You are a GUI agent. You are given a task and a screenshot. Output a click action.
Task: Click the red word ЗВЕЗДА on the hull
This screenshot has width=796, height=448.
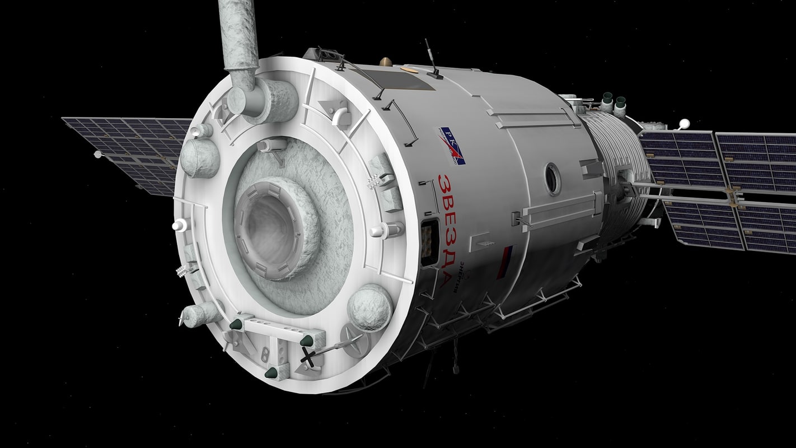(x=448, y=230)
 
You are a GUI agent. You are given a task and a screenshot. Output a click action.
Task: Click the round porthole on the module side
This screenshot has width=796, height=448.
(x=553, y=179)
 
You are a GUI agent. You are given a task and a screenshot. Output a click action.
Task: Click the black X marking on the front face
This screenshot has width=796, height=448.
(x=307, y=356)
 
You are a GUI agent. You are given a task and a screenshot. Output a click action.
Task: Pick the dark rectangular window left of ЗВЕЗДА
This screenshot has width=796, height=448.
(x=429, y=242)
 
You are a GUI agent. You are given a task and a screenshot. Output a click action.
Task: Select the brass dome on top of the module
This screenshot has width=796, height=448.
(x=386, y=61)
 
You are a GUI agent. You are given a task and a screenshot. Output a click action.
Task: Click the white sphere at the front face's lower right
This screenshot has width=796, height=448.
(x=369, y=307)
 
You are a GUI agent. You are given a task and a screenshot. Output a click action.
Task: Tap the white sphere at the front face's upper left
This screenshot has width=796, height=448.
(x=199, y=158)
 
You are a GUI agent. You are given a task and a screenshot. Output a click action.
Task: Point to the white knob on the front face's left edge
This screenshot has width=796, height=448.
(x=179, y=225)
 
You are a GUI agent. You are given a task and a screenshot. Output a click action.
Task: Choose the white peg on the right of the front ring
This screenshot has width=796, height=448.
(x=386, y=230)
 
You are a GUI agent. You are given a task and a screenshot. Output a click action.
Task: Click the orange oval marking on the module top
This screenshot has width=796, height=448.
(x=410, y=71)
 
